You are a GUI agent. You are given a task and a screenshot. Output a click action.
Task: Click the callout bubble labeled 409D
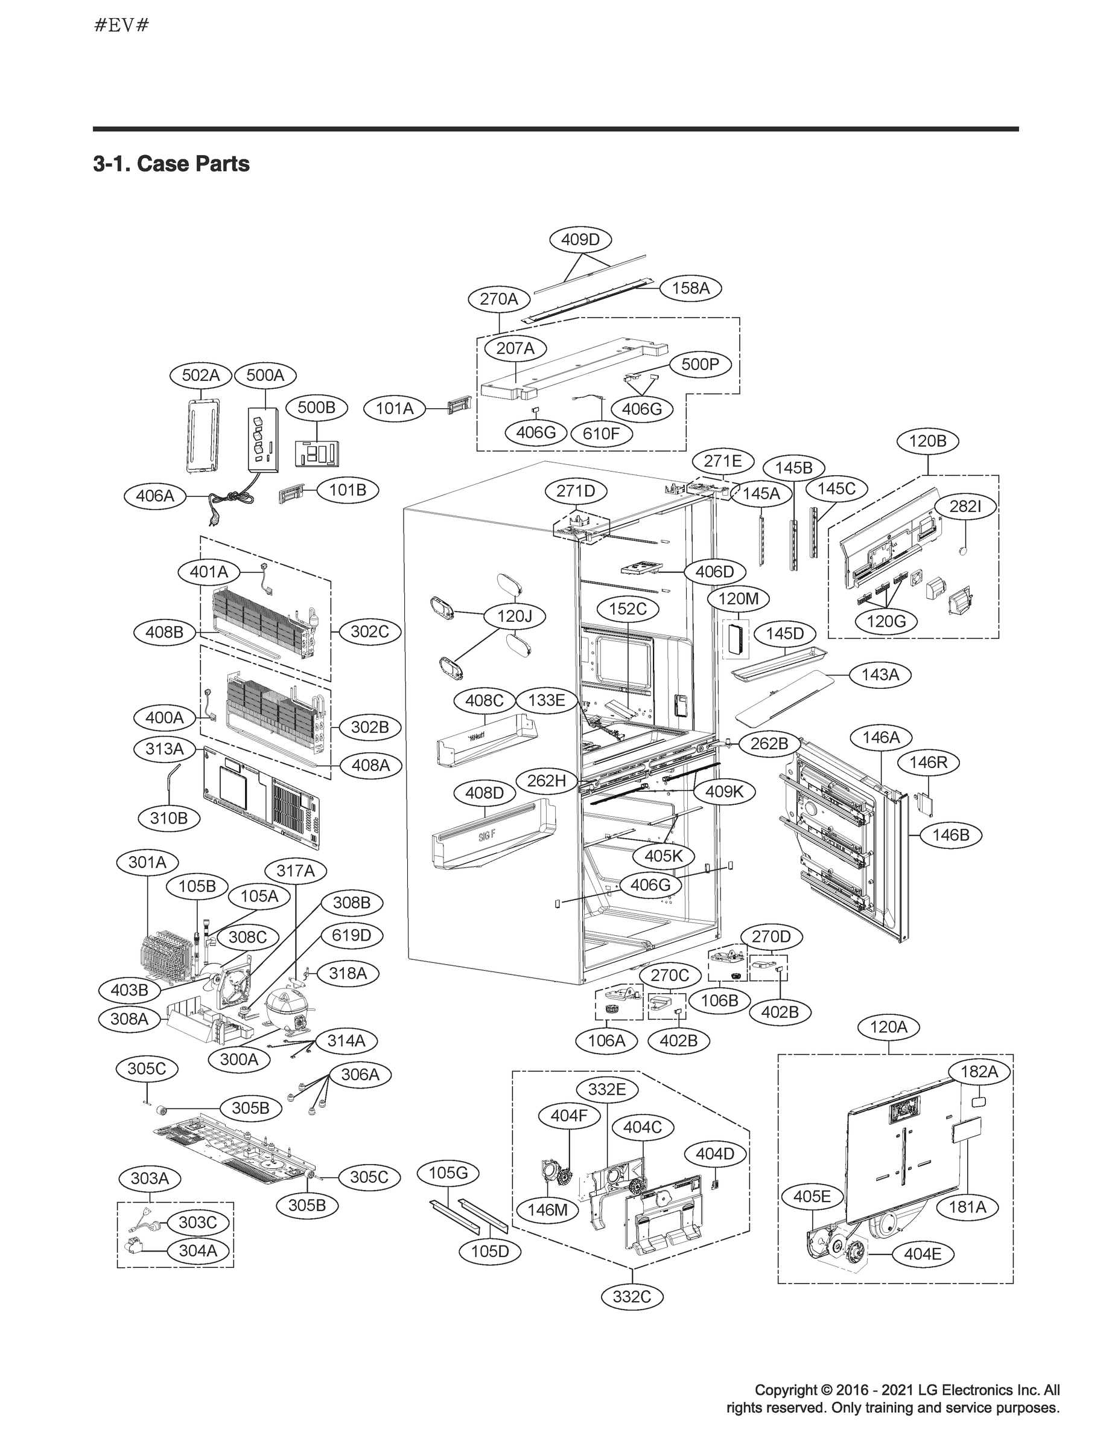point(580,240)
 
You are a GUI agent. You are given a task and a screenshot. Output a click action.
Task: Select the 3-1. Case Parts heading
point(171,164)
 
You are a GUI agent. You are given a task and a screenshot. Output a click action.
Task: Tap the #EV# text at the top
point(121,26)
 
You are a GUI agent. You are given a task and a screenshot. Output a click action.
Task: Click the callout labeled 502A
point(200,376)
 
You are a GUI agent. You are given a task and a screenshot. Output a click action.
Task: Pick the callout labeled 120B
point(927,441)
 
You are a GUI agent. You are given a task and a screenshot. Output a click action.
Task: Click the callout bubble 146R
point(928,763)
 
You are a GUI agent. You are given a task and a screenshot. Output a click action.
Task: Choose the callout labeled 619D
point(352,935)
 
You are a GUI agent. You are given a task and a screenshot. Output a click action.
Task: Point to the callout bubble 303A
point(150,1178)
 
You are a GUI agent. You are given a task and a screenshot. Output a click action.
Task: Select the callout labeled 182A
point(978,1072)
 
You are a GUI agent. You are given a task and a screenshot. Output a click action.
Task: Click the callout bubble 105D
point(490,1251)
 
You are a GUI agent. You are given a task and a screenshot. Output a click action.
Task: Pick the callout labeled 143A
point(880,675)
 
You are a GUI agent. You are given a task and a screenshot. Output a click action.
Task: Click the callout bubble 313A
point(164,749)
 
